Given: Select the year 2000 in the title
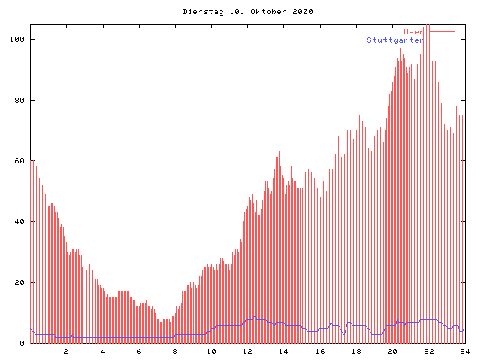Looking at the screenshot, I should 302,12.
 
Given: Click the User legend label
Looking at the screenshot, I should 412,31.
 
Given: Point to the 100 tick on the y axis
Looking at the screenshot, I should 17,39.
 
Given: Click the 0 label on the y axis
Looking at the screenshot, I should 22,343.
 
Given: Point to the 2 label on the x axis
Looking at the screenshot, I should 66,351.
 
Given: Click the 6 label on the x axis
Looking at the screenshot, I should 139,351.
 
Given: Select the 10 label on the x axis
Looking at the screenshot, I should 211,351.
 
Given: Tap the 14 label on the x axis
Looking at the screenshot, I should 283,351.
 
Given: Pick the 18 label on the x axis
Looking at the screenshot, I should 356,351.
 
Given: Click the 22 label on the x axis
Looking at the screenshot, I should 428,351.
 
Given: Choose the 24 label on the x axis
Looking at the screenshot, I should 464,351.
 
